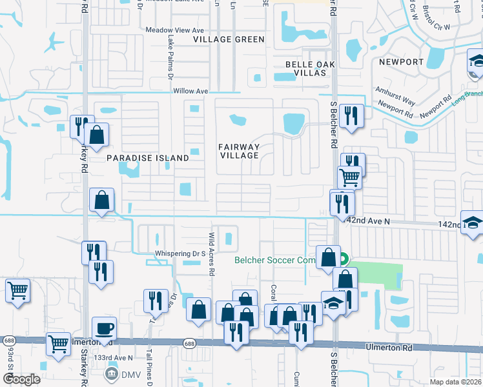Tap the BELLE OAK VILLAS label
[x=313, y=70]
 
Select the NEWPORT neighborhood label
[x=401, y=62]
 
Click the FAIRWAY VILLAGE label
[x=240, y=152]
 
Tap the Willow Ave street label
[x=190, y=92]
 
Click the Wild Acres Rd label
[x=211, y=254]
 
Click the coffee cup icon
[x=104, y=328]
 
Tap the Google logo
[x=21, y=379]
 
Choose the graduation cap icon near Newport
[x=477, y=62]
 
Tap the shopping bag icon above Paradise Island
[x=96, y=135]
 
